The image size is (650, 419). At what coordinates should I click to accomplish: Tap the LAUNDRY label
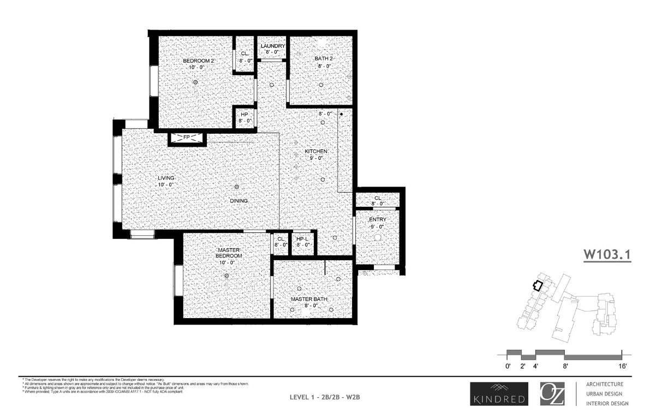tap(272, 46)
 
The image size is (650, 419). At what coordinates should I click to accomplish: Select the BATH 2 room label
tap(324, 58)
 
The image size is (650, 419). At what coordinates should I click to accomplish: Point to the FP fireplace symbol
tap(187, 137)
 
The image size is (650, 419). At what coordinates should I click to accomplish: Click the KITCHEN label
tap(316, 151)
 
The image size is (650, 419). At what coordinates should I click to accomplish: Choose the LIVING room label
tap(166, 178)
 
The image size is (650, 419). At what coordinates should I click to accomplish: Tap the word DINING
tap(239, 201)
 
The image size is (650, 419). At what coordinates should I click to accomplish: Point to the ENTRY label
tap(378, 219)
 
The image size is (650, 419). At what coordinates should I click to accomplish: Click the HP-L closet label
tap(303, 239)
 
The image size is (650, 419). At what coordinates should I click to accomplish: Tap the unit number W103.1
tap(607, 255)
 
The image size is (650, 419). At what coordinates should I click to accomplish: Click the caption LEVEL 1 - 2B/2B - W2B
tap(325, 397)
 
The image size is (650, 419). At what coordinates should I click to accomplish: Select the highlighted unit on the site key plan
tap(538, 285)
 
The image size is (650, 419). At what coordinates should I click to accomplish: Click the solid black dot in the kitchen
tap(341, 115)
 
